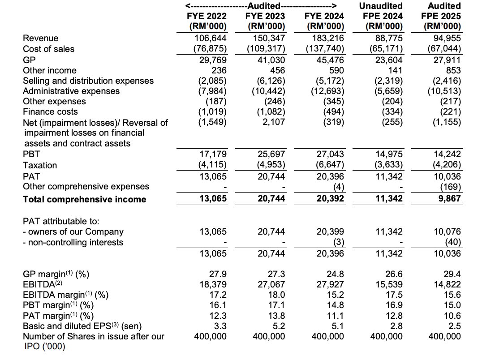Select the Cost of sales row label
click(49, 49)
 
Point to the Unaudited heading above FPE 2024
click(381, 6)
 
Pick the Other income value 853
click(452, 70)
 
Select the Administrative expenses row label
click(71, 91)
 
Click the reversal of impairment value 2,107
click(274, 122)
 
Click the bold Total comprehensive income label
click(84, 199)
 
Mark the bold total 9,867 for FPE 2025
click(449, 199)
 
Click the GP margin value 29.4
click(453, 274)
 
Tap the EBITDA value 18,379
click(213, 284)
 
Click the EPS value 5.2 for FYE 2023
click(279, 326)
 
